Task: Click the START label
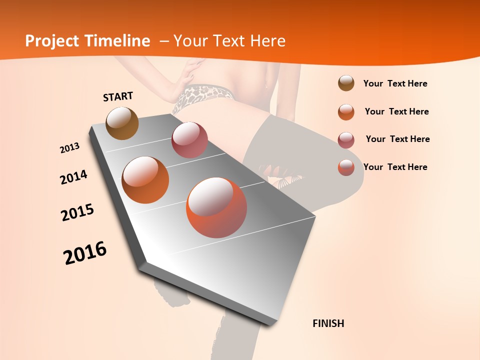tap(118, 96)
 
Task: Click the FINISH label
tap(328, 323)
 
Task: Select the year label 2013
tap(70, 148)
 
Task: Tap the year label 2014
tap(74, 177)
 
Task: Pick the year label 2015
tap(77, 212)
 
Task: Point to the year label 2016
tap(85, 252)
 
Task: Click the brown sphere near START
tap(122, 123)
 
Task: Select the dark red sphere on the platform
tap(189, 140)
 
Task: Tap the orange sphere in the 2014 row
tap(145, 180)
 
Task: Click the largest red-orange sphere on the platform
tap(216, 207)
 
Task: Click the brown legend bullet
tap(346, 83)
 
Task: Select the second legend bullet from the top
tap(346, 112)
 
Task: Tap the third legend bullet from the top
tap(346, 140)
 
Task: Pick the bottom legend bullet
tap(346, 167)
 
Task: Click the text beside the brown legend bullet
tap(395, 83)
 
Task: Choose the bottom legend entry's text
tap(395, 167)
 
